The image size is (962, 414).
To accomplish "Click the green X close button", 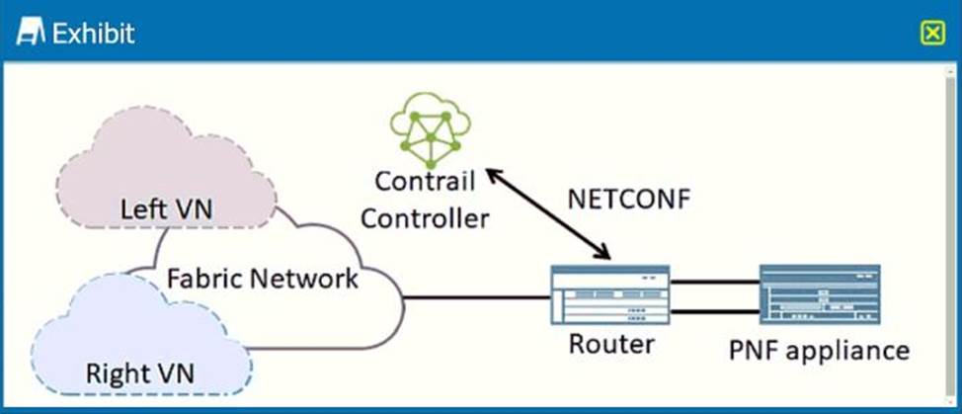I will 932,34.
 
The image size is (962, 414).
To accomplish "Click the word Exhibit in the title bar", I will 93,34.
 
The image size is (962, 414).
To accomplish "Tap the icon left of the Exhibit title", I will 32,34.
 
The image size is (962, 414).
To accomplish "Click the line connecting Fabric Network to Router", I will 476,297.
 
